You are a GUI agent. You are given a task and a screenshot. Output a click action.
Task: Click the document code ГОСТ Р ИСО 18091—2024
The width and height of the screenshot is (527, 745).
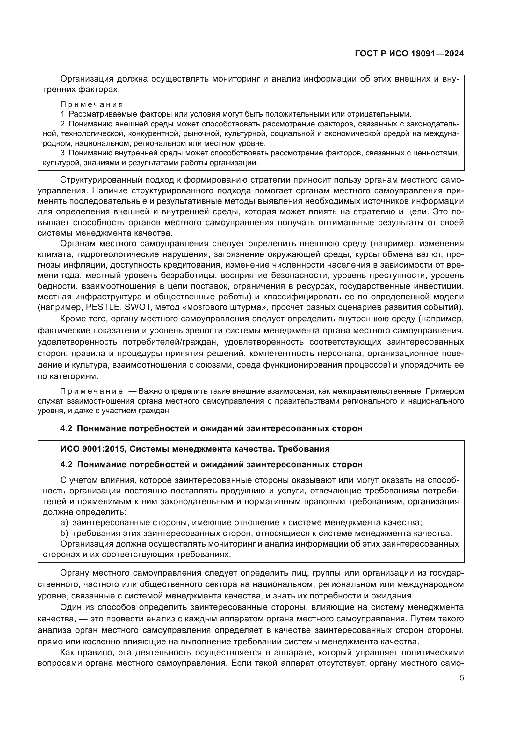409,54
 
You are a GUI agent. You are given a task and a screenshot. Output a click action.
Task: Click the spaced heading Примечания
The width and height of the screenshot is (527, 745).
92,104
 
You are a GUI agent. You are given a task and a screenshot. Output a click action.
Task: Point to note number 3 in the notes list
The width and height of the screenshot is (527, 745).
62,153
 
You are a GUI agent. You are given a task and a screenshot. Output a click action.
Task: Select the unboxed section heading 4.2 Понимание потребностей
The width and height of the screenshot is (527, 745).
211,428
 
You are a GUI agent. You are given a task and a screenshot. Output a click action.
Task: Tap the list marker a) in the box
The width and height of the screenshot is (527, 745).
64,522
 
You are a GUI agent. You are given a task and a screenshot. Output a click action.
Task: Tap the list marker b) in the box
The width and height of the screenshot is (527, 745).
64,533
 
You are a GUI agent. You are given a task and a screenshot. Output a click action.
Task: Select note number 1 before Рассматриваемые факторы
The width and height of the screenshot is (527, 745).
62,114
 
